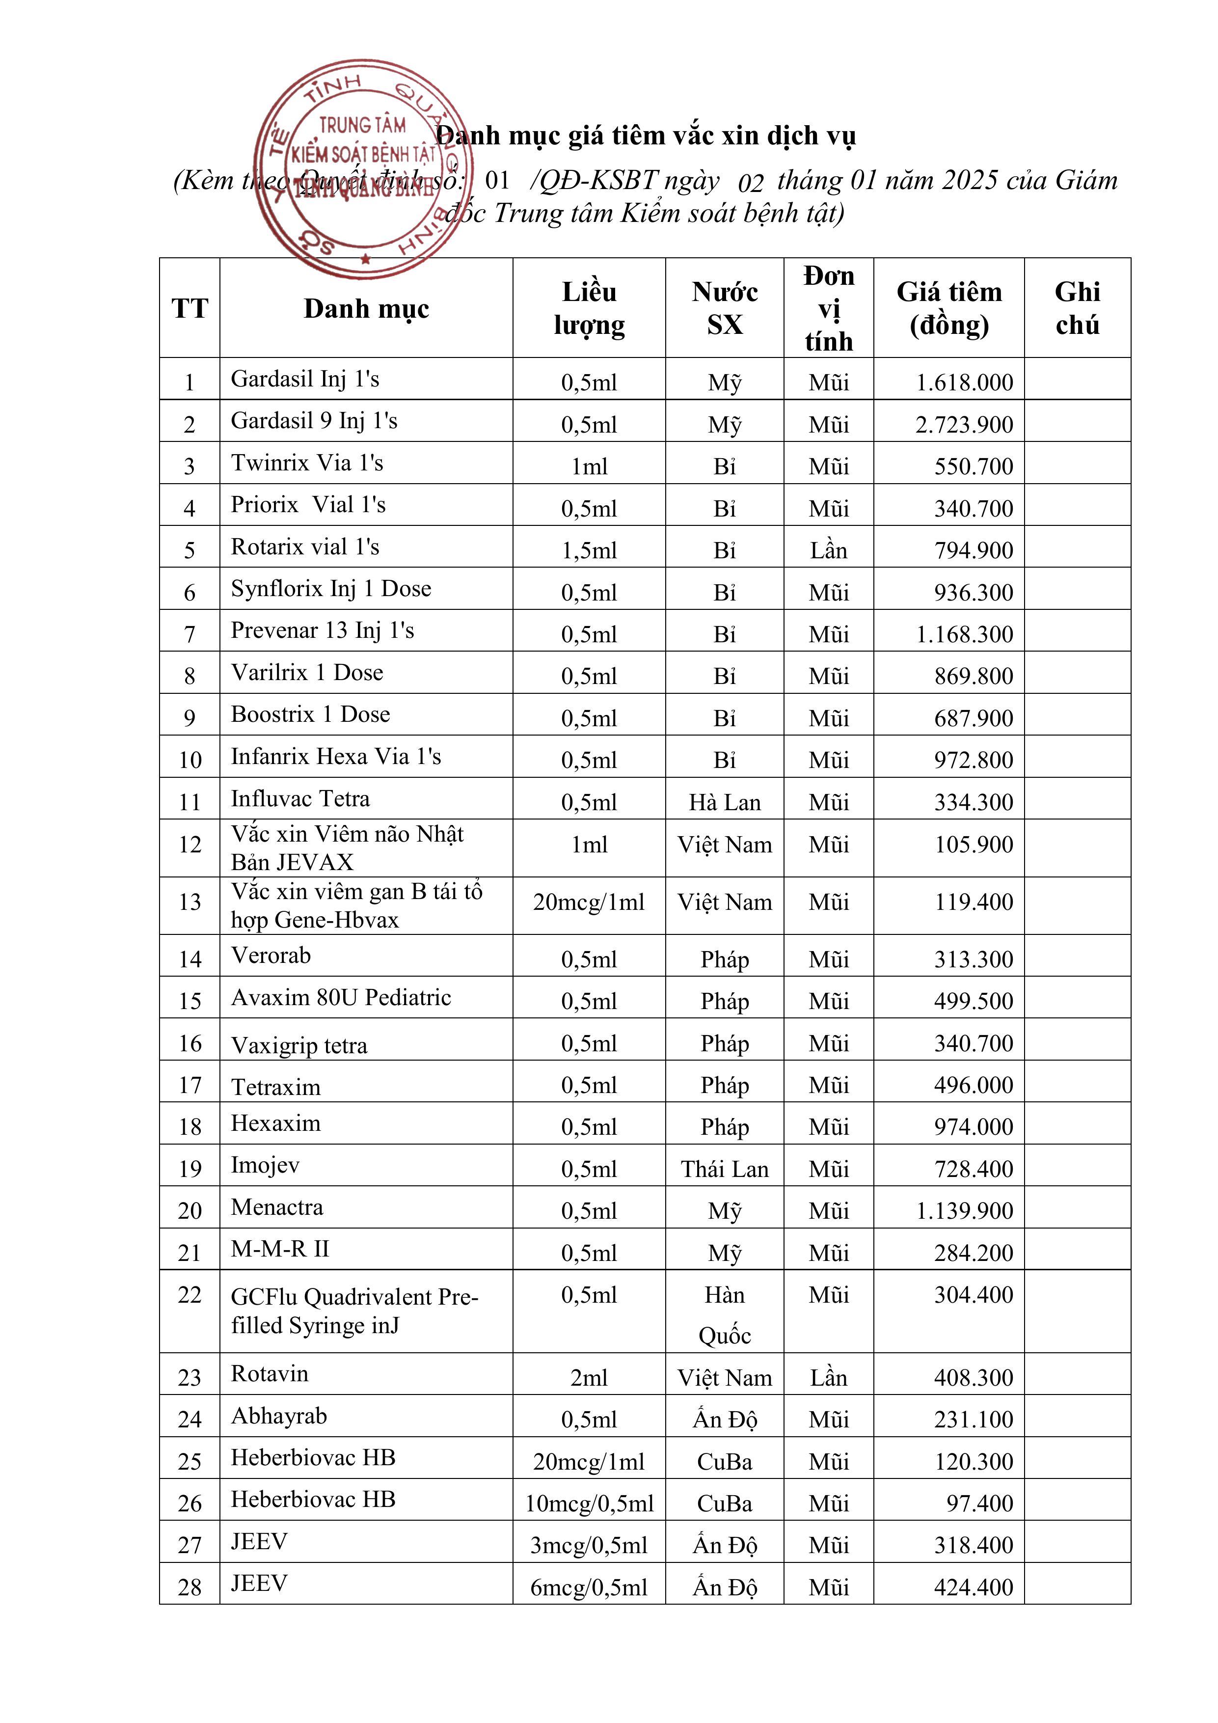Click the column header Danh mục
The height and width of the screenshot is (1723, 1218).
pyautogui.click(x=366, y=308)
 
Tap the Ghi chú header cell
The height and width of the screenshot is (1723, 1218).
pyautogui.click(x=1077, y=308)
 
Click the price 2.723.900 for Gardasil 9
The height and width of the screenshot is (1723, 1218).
pyautogui.click(x=964, y=425)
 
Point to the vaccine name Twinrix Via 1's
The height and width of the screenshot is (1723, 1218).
pyautogui.click(x=307, y=463)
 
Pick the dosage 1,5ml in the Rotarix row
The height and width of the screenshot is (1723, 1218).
pyautogui.click(x=589, y=551)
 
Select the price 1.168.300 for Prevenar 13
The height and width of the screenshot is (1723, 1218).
pyautogui.click(x=964, y=635)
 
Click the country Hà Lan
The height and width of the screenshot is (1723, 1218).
pyautogui.click(x=724, y=803)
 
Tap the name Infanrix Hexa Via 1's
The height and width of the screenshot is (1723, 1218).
pyautogui.click(x=335, y=757)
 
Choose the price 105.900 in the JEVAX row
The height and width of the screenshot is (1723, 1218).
pyautogui.click(x=974, y=845)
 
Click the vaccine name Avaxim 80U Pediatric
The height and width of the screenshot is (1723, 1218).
pyautogui.click(x=341, y=998)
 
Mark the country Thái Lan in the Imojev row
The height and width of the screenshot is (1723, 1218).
pyautogui.click(x=724, y=1169)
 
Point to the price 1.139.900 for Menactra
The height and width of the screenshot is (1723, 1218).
pyautogui.click(x=964, y=1211)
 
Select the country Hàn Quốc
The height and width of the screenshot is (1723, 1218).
pyautogui.click(x=724, y=1315)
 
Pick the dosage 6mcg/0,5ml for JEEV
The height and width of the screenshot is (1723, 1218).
pyautogui.click(x=589, y=1588)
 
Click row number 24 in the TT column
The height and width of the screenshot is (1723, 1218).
pyautogui.click(x=190, y=1420)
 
